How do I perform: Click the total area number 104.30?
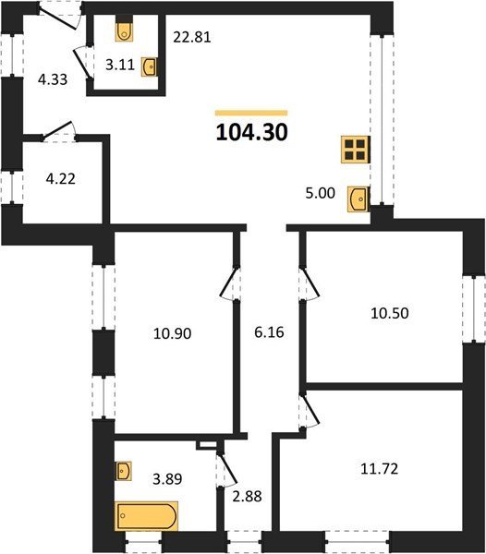pyautogui.click(x=251, y=132)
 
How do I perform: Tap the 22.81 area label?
pyautogui.click(x=192, y=37)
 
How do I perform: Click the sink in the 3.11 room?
pyautogui.click(x=149, y=66)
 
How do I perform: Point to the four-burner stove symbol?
pyautogui.click(x=355, y=150)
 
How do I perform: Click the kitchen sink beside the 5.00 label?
pyautogui.click(x=358, y=199)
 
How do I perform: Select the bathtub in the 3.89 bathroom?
pyautogui.click(x=146, y=516)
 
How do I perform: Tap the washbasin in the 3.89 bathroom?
pyautogui.click(x=124, y=471)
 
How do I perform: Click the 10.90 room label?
pyautogui.click(x=173, y=333)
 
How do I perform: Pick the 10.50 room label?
pyautogui.click(x=390, y=313)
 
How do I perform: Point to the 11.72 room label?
pyautogui.click(x=379, y=469)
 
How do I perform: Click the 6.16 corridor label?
pyautogui.click(x=269, y=332)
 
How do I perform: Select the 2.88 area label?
pyautogui.click(x=247, y=496)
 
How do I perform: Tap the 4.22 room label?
pyautogui.click(x=60, y=179)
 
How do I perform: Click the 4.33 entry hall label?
pyautogui.click(x=53, y=79)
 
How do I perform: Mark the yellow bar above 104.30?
pyautogui.click(x=251, y=113)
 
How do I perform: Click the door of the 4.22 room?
pyautogui.click(x=59, y=130)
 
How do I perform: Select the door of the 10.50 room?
pyautogui.click(x=310, y=283)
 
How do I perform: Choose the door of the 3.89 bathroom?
pyautogui.click(x=226, y=469)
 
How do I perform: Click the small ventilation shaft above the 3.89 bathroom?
pyautogui.click(x=207, y=445)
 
